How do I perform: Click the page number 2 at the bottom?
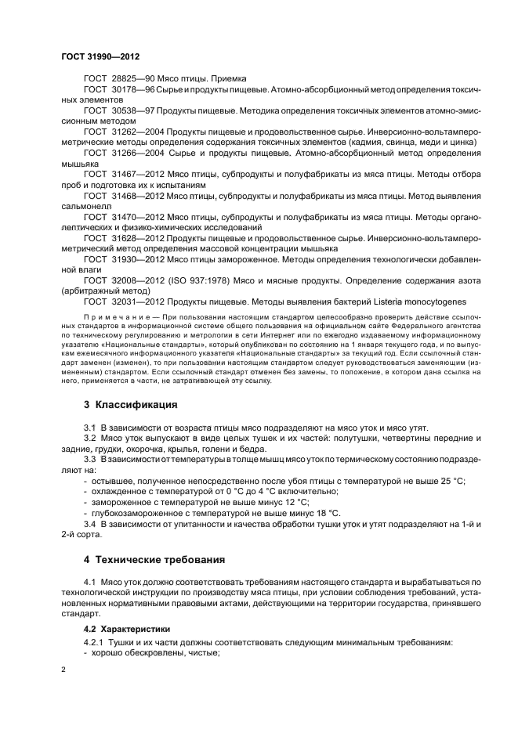click(x=63, y=670)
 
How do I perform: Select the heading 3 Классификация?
click(x=131, y=405)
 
